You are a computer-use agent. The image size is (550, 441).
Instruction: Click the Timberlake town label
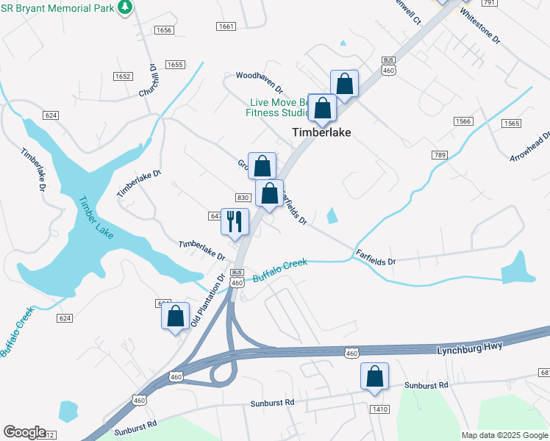[321, 133]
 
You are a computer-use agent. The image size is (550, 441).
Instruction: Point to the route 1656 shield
[163, 30]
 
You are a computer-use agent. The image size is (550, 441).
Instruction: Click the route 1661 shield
[226, 26]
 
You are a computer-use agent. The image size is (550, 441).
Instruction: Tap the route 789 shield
[440, 155]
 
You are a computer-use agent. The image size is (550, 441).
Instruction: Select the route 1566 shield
[463, 121]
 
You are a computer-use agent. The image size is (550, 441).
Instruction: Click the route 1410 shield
[379, 409]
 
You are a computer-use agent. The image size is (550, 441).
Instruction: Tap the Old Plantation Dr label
[207, 301]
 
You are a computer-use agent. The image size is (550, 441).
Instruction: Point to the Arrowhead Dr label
[532, 147]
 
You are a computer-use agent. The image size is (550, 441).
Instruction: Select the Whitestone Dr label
[479, 24]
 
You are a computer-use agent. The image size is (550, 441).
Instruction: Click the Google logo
[24, 432]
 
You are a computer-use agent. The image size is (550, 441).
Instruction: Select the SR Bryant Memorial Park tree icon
[125, 7]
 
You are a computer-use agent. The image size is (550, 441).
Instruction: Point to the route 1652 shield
[123, 76]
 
